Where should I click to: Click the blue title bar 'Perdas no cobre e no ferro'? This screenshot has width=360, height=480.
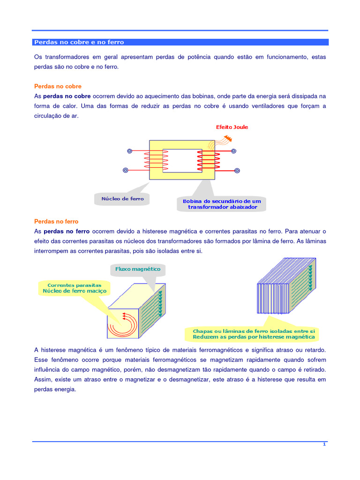[x=180, y=42]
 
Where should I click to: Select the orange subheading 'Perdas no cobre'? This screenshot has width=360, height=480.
[x=58, y=86]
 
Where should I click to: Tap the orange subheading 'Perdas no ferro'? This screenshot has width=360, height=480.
[x=56, y=221]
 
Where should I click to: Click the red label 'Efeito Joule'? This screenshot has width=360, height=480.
[x=232, y=127]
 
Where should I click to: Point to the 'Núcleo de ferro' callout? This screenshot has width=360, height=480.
[x=122, y=199]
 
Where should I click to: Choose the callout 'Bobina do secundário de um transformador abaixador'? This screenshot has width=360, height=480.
[x=222, y=204]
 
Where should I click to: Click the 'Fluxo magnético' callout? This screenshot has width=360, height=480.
[x=138, y=269]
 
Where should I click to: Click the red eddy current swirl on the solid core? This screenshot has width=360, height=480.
[x=123, y=324]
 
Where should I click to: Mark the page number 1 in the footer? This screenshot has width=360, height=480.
[x=324, y=444]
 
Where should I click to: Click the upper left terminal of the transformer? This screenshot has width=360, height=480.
[x=130, y=151]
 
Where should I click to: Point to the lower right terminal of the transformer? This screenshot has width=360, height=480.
[x=237, y=171]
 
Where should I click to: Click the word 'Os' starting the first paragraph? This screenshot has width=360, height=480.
[x=38, y=57]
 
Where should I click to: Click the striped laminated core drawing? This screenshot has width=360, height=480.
[x=286, y=288]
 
